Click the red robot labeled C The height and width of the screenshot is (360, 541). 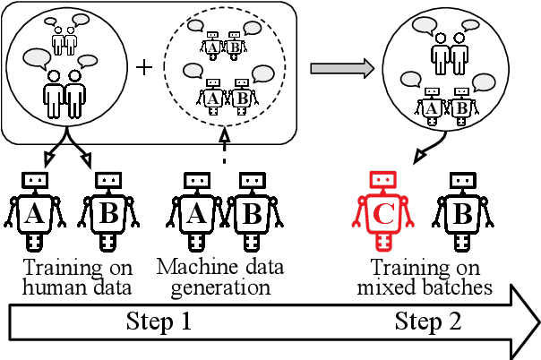pos(382,213)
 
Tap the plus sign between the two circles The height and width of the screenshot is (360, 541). pos(144,68)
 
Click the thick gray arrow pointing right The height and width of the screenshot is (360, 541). pos(340,68)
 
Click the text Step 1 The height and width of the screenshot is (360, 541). pos(159,321)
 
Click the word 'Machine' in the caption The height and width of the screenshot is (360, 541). pos(189,268)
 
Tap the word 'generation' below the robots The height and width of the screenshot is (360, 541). pos(220,287)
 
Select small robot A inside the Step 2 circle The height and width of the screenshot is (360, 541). pos(430,106)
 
